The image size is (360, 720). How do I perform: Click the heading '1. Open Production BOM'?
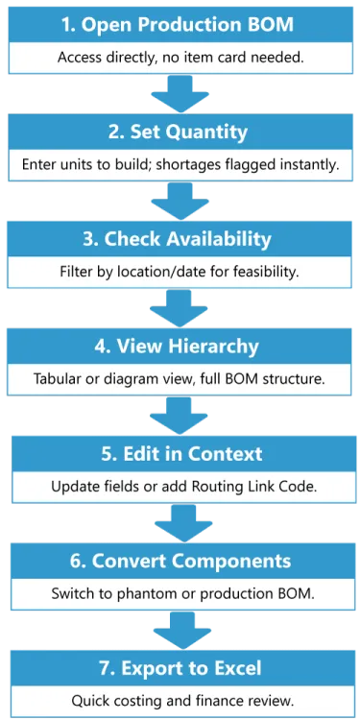[x=180, y=22]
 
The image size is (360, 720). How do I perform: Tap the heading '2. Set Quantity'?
[x=180, y=131]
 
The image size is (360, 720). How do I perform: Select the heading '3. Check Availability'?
[x=180, y=238]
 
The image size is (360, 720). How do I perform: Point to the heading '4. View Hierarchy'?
[x=180, y=345]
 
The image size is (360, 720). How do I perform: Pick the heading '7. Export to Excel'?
[x=180, y=666]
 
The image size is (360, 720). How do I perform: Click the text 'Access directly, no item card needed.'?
[x=180, y=57]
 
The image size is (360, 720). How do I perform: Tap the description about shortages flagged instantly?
[x=180, y=164]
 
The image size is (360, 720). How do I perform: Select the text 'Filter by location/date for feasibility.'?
[x=180, y=272]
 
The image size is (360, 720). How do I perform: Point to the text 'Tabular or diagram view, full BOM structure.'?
[x=180, y=378]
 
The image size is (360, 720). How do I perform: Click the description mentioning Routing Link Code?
[x=180, y=486]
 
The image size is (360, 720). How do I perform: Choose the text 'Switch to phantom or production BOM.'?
[x=180, y=593]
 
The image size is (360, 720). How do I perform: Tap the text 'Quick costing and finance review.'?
[x=180, y=700]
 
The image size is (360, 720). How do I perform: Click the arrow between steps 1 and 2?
[x=180, y=94]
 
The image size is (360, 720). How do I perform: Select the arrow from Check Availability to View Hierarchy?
[x=180, y=308]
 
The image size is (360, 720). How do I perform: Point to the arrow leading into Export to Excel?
[x=180, y=630]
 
